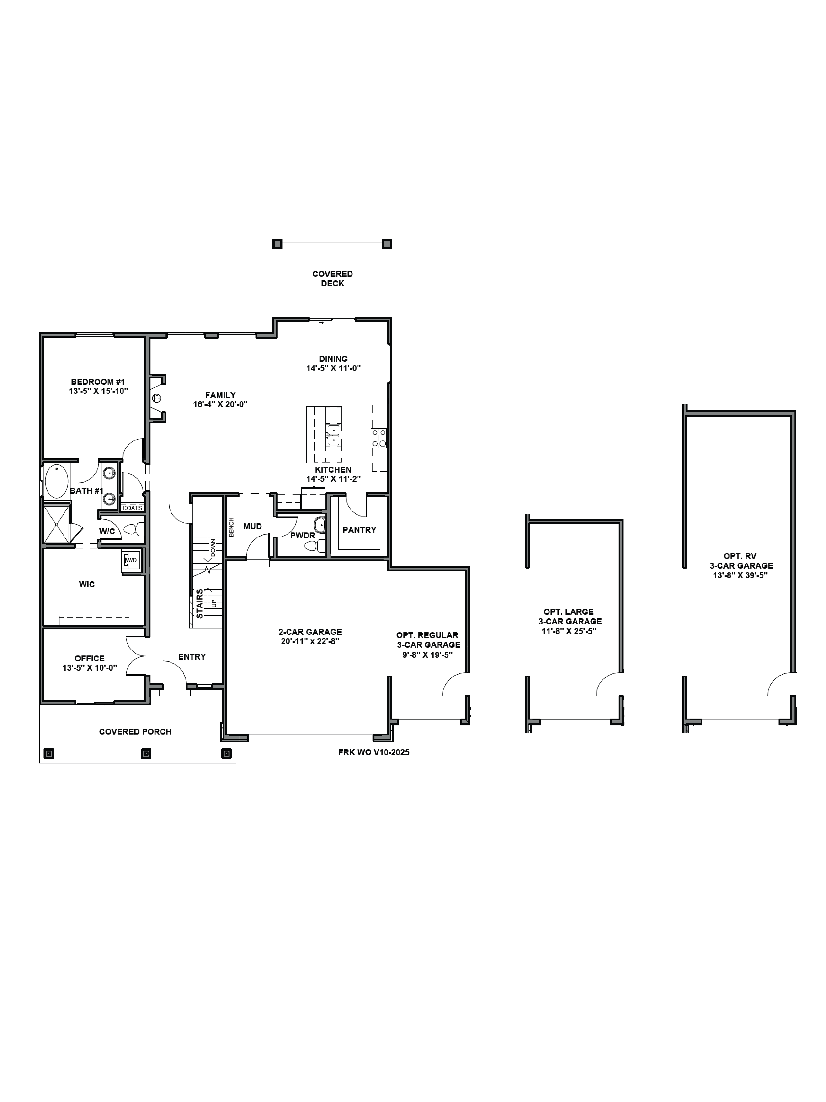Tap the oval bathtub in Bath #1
[56, 481]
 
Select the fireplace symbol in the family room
[156, 397]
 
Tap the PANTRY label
[359, 530]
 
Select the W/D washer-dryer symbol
[131, 560]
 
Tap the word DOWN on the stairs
[213, 547]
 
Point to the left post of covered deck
[277, 244]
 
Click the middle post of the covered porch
[146, 753]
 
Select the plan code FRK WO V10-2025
[373, 752]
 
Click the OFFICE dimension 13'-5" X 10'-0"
[90, 668]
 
